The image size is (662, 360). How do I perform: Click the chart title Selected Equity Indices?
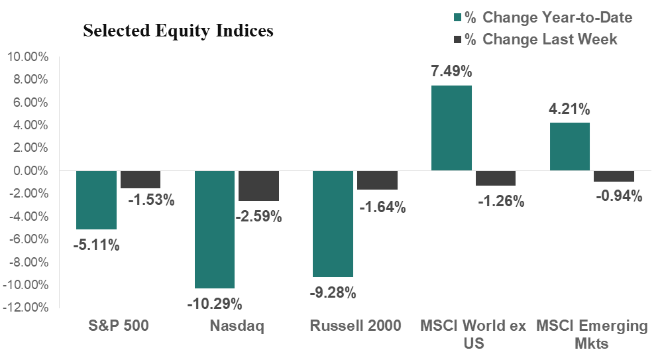pos(178,31)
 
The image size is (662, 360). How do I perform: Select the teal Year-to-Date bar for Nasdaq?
pos(214,229)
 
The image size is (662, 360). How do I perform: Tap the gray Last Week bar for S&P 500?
pos(140,179)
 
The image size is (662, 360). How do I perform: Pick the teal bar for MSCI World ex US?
pos(452,128)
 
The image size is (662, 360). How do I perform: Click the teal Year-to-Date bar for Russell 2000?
pos(333,223)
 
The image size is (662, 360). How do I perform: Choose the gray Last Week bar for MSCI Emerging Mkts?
pos(614,176)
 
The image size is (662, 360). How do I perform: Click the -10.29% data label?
pos(214,304)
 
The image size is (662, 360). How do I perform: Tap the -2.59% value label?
pos(258,216)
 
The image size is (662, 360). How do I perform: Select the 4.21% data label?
pos(569,109)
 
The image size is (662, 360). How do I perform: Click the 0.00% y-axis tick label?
pos(29,171)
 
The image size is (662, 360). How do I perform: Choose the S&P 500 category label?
pos(119,326)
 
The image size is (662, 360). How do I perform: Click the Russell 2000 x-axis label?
pos(355,326)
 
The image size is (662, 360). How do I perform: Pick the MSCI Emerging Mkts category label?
pos(591,334)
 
